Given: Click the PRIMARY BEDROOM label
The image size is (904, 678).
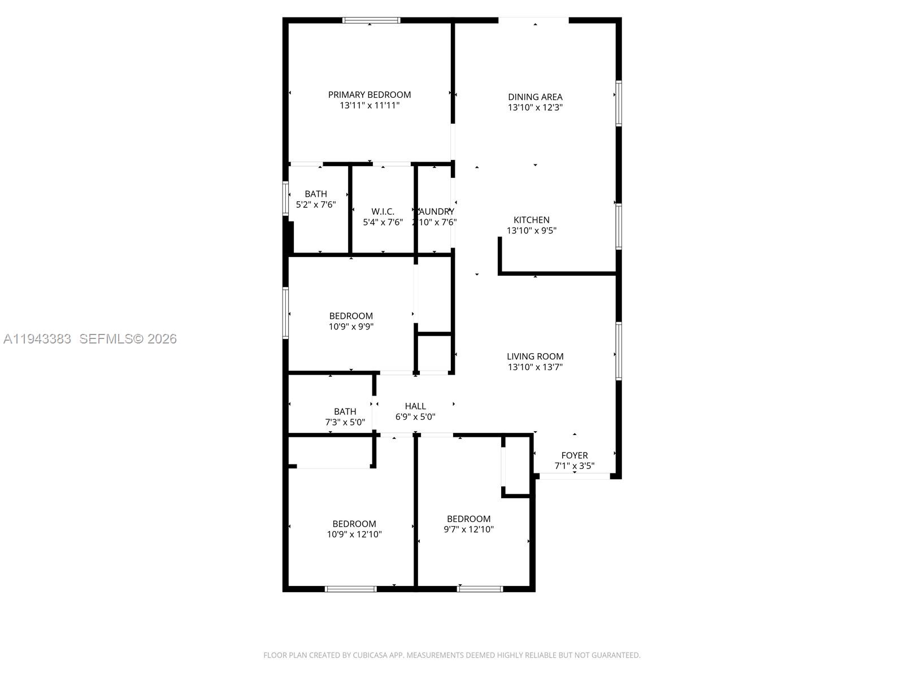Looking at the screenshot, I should tap(370, 95).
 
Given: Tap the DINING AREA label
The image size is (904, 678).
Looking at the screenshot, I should tap(535, 97).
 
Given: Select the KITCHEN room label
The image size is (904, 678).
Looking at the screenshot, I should tap(531, 220).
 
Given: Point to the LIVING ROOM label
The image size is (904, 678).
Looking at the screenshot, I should tap(535, 357).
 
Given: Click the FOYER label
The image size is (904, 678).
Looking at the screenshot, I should tap(574, 455).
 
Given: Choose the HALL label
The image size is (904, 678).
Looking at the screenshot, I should tap(415, 406).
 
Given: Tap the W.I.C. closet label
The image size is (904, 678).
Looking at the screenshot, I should tap(383, 212).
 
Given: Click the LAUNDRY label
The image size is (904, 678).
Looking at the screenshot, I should tap(435, 212).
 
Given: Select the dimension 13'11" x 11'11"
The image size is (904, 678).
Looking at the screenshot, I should tap(370, 106).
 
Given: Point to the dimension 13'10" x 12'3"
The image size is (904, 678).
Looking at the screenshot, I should tap(535, 107).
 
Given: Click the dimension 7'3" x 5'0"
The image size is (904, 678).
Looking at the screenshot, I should tap(345, 422).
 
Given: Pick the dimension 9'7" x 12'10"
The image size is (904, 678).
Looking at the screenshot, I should tap(468, 529).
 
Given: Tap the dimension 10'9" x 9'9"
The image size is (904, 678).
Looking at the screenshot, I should tap(351, 327).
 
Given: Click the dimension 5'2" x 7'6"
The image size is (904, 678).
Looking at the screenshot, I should tap(316, 205).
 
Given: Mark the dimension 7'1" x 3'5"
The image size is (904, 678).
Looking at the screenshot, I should tap(574, 466).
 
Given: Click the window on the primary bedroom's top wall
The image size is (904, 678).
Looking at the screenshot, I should tap(371, 21).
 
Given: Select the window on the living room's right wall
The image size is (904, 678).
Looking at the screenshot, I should tap(619, 351).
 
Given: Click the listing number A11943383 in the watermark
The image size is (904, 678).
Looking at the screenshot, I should tap(37, 339).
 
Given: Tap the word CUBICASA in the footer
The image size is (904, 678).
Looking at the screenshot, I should tap(370, 655).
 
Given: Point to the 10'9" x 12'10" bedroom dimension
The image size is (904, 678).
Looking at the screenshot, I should tap(354, 534).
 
